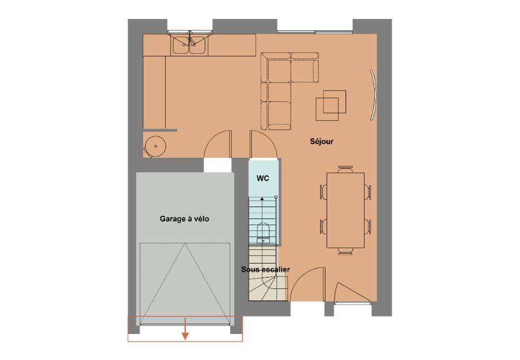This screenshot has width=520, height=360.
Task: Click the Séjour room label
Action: point(321,142)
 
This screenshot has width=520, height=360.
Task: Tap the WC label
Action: point(263,178)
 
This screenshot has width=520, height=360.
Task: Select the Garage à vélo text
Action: point(184,219)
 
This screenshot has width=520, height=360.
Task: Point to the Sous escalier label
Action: point(265,269)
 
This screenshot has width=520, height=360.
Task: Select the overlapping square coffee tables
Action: point(330,105)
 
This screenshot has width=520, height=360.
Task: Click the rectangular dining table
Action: point(346,210)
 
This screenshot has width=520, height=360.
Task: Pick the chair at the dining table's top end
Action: point(346,169)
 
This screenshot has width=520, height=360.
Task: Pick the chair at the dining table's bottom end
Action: point(346,251)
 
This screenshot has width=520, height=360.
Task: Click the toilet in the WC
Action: point(264,233)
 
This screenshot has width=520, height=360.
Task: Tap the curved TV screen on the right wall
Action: point(374,94)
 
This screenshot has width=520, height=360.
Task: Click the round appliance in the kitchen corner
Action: point(154,146)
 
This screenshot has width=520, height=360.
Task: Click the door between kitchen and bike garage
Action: point(218,144)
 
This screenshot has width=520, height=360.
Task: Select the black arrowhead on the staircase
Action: point(262,199)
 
